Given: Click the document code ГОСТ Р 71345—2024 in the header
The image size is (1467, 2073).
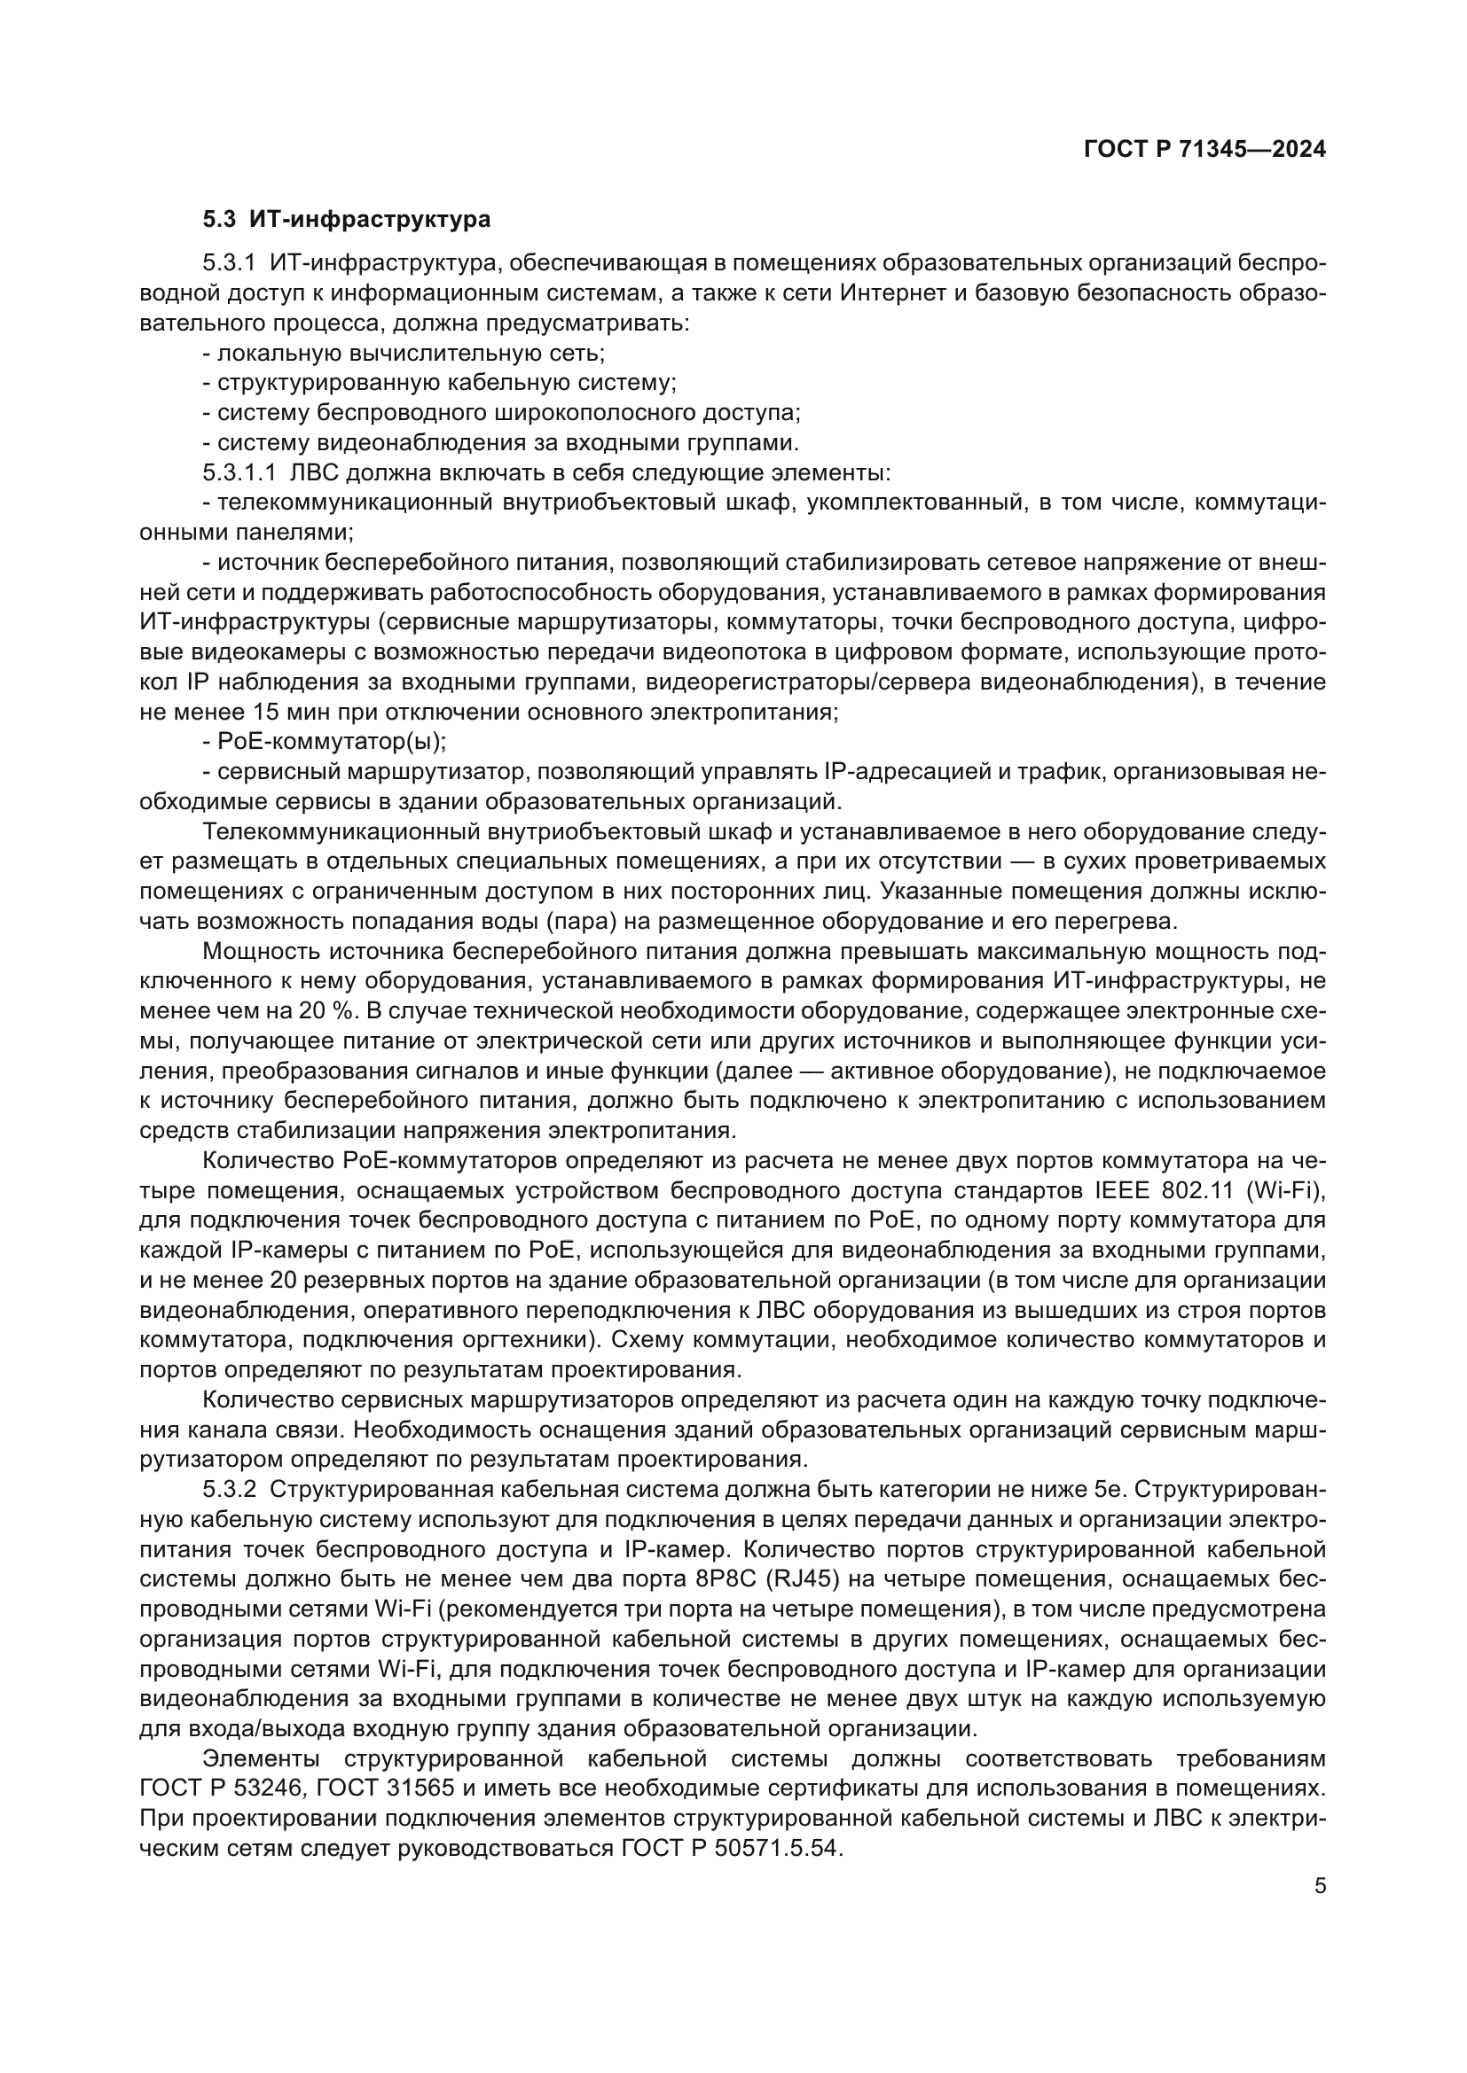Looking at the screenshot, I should click(1205, 151).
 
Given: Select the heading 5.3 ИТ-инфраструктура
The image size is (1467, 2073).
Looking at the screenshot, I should click(347, 220).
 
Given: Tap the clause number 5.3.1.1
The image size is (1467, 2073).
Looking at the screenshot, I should click(239, 473).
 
